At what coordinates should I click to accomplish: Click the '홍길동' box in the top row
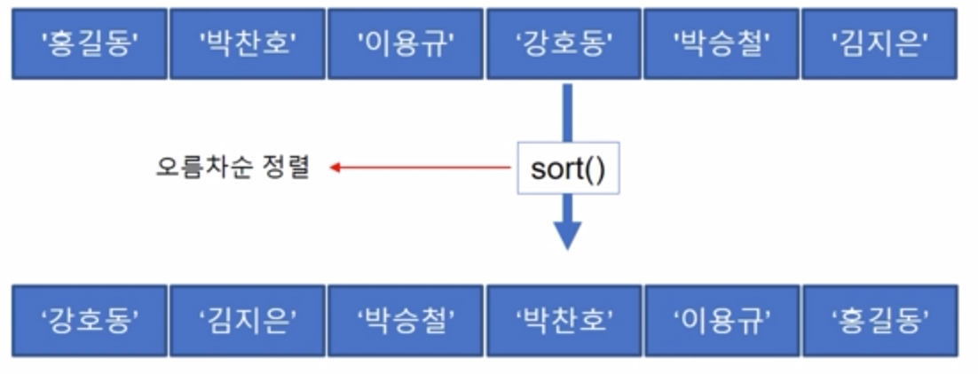point(89,43)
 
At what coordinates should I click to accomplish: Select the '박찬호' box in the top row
point(247,43)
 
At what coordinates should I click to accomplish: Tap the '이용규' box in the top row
point(405,43)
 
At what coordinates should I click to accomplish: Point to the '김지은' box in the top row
point(879,43)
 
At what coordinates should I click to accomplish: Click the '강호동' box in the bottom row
point(89,320)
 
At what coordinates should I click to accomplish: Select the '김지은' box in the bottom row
point(247,320)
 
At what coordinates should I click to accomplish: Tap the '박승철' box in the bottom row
point(405,320)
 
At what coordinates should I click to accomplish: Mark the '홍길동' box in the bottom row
point(879,320)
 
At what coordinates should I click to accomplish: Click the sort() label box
point(568,168)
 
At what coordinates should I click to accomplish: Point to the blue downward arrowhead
point(567,234)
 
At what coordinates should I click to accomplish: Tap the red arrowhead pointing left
point(335,167)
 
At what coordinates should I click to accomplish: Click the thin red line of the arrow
point(426,167)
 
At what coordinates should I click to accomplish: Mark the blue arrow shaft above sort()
point(567,111)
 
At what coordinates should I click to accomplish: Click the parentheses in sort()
point(594,168)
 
